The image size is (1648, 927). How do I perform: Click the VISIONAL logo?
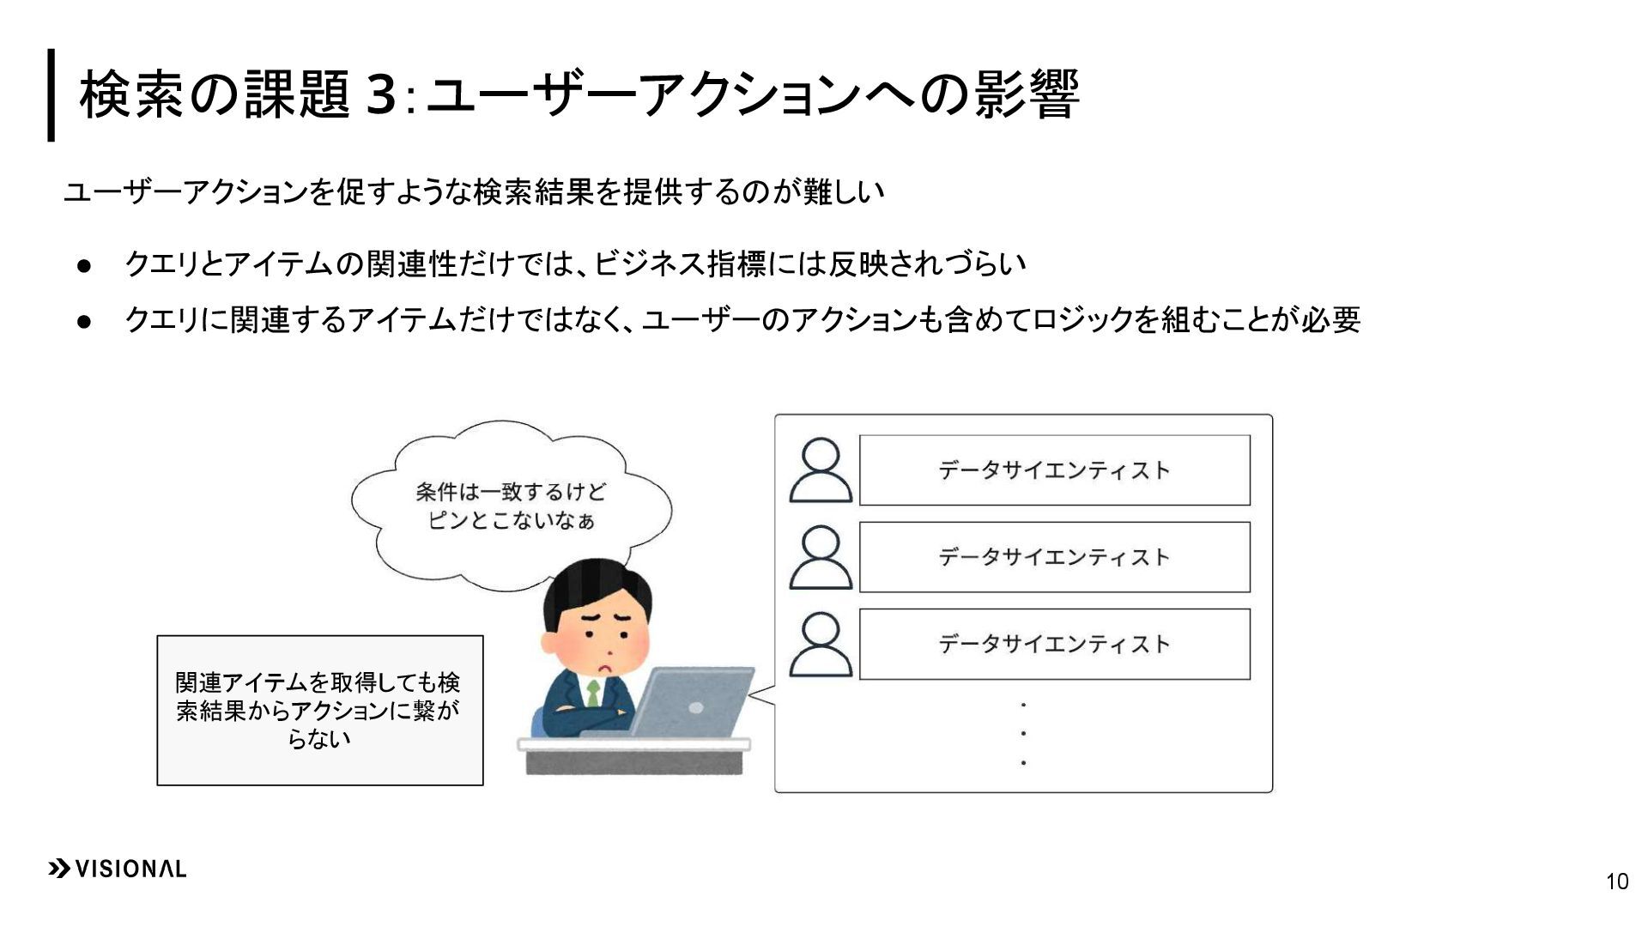point(117,869)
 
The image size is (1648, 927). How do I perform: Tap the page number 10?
point(1616,882)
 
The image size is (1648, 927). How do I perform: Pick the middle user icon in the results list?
point(821,557)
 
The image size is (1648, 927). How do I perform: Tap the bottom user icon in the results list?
point(821,645)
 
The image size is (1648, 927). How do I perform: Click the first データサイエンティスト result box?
point(1054,470)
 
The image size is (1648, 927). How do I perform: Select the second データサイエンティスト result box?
point(1054,557)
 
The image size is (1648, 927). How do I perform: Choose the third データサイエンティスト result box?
point(1054,645)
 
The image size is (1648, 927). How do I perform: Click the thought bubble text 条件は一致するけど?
point(511,492)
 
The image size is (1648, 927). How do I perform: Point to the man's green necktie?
point(592,694)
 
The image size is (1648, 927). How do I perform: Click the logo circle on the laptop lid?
point(696,708)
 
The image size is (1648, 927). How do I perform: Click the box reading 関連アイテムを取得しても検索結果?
point(319,710)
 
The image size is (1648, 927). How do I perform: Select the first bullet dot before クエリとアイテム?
point(84,266)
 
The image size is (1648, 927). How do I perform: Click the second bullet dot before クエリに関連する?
point(84,322)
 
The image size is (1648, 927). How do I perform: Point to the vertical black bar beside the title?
point(51,94)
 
